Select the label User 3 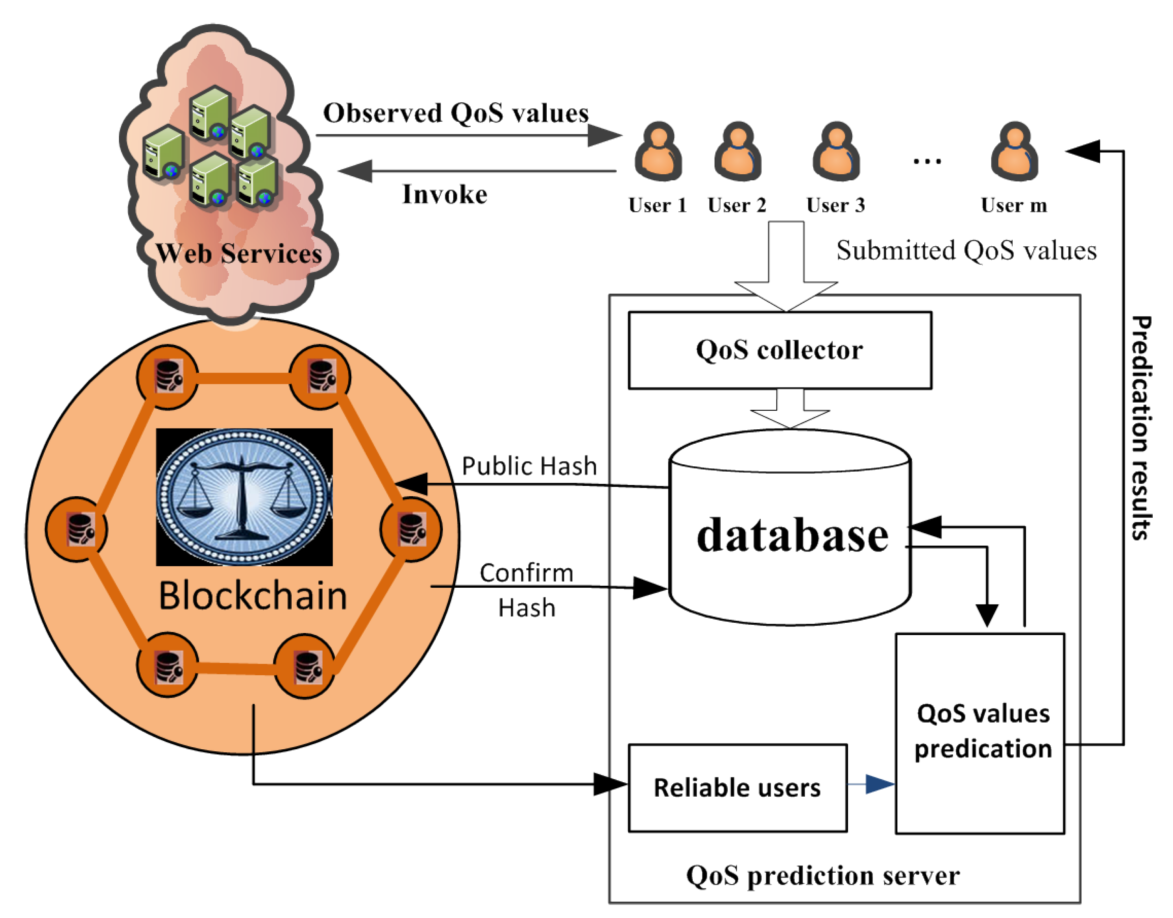pos(836,205)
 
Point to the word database pos(793,536)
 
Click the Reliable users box pos(737,788)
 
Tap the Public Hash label pos(529,466)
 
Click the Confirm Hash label pos(526,590)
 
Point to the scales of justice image pos(244,497)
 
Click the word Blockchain pos(253,596)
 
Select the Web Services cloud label pos(239,254)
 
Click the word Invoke pos(444,195)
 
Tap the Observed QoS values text pos(456,113)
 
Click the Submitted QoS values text pos(966,250)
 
